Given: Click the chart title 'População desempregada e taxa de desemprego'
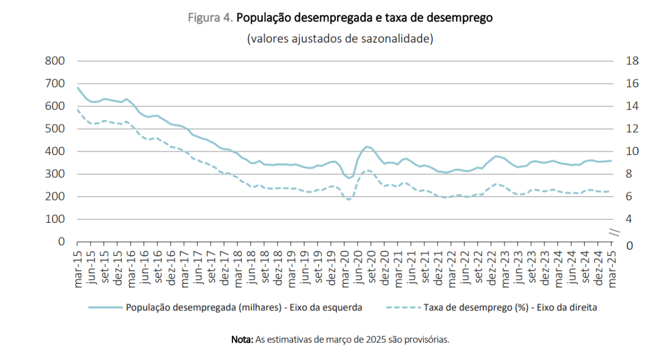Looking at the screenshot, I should tap(364, 17).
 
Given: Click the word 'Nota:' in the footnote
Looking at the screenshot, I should tap(242, 339).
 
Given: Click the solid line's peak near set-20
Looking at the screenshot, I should tap(367, 147).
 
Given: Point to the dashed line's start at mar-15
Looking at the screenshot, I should tap(77, 110).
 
